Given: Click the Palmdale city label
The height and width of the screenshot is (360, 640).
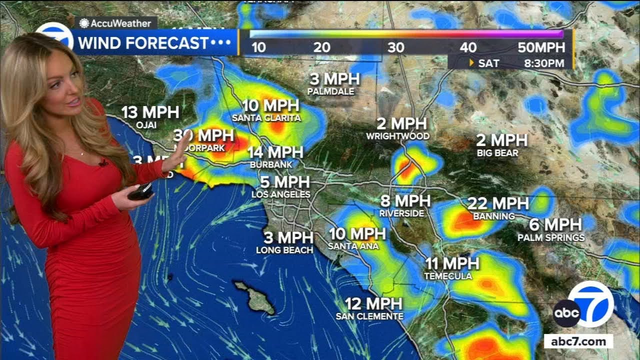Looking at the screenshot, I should (330, 91).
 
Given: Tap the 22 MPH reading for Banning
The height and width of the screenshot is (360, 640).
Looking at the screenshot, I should (498, 203).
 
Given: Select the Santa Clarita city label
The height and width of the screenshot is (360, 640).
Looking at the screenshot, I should (266, 118).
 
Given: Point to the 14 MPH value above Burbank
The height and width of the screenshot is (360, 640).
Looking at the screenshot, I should (275, 152).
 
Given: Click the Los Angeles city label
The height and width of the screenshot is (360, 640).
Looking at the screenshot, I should (281, 194).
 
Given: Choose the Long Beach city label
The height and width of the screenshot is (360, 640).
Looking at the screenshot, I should (284, 250).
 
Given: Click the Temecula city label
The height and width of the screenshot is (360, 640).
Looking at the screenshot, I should (448, 276).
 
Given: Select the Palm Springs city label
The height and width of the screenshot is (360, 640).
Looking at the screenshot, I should (551, 237).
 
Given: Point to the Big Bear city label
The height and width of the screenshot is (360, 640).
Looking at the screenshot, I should (497, 153).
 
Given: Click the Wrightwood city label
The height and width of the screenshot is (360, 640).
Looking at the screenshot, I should (397, 136).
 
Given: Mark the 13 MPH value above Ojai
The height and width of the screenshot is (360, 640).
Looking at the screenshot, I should (150, 112).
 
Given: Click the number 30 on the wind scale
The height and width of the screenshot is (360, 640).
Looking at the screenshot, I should (396, 48).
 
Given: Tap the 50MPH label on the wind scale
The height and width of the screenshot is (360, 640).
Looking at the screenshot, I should (542, 48).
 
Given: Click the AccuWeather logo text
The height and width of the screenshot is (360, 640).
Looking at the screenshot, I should (120, 23).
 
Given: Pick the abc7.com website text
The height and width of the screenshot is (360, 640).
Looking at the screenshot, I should (578, 342).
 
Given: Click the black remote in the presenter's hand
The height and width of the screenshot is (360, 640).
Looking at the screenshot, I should (140, 190).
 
